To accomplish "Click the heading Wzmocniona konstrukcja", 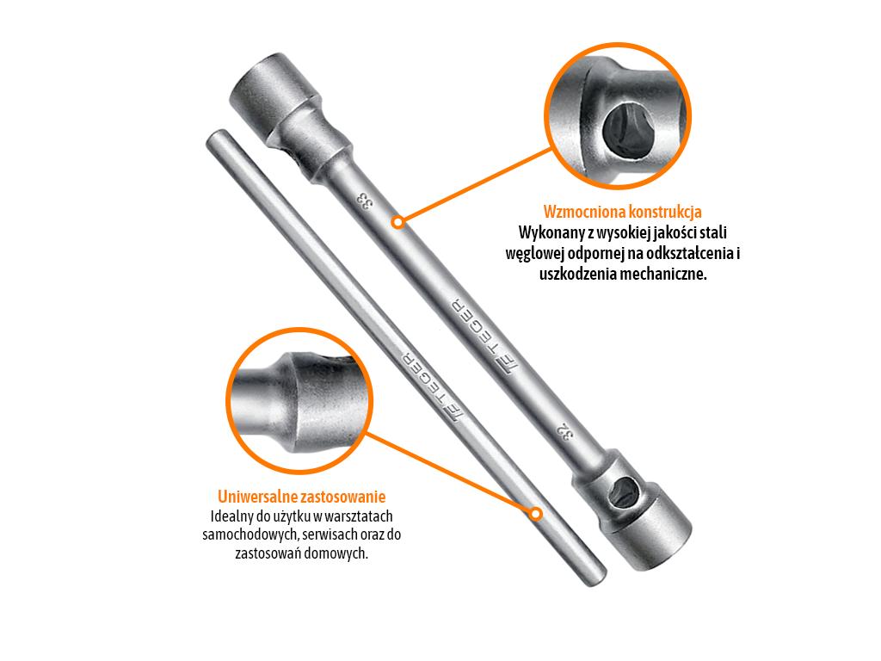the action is click(x=623, y=212).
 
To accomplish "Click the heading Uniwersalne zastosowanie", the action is click(x=302, y=497).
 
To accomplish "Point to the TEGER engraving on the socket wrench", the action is click(x=484, y=337).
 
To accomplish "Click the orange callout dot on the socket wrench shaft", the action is click(x=397, y=222).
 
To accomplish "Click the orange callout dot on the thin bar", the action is click(x=536, y=514).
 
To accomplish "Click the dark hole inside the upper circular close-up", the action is click(x=625, y=130).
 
